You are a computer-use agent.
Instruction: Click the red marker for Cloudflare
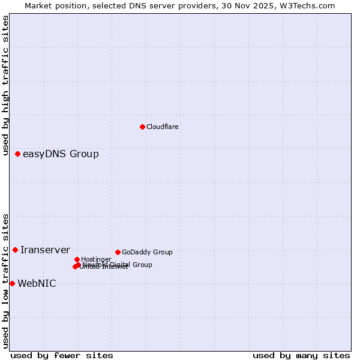pos(142,127)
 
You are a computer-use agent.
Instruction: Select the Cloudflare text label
pos(163,127)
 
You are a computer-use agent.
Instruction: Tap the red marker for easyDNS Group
pos(18,154)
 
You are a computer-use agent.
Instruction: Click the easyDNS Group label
pos(61,154)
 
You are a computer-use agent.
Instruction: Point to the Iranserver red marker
pos(16,250)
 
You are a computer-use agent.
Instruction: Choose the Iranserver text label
pos(45,250)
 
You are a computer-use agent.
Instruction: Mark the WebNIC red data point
pos(12,283)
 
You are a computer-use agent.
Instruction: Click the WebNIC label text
pos(37,284)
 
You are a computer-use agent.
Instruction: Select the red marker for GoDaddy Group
pos(118,252)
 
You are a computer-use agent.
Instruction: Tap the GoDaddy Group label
pos(147,252)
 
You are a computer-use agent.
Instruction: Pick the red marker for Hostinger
pos(77,259)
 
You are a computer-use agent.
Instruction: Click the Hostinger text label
pos(96,259)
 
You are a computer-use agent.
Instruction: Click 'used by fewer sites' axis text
pos(62,355)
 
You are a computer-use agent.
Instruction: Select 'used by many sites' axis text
pos(301,355)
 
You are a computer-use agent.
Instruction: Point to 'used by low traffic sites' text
pos(5,281)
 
